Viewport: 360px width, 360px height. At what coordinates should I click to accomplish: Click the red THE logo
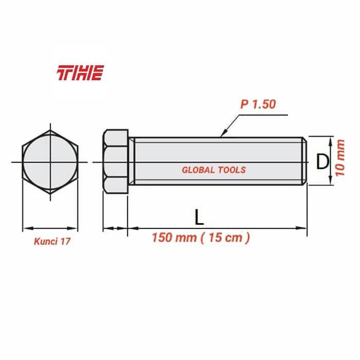[x=80, y=73]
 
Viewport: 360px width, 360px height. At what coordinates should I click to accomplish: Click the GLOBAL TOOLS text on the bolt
[x=214, y=170]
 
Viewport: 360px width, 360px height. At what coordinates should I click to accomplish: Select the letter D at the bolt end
[x=322, y=162]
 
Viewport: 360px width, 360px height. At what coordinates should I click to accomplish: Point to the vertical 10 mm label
[x=340, y=159]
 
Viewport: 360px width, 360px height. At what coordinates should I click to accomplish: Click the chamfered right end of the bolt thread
[x=304, y=160]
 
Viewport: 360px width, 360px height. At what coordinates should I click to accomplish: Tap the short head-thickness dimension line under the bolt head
[x=115, y=228]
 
